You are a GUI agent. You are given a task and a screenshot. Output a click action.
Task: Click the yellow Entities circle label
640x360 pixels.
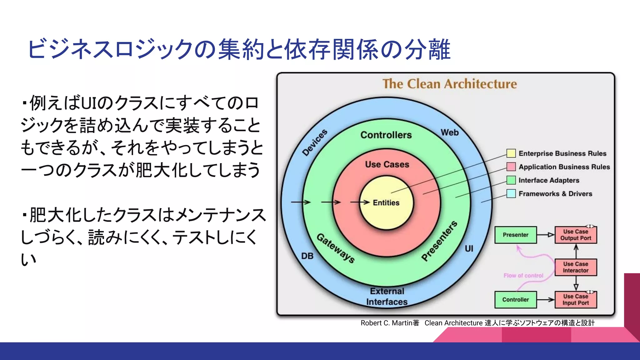386,202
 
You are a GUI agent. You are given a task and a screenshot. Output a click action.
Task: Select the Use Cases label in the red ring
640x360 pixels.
387,164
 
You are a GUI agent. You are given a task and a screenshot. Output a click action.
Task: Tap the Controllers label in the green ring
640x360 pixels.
386,135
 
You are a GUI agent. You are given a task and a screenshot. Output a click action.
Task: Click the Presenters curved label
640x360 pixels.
439,241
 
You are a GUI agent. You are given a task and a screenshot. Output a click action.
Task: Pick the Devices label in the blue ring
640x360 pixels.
315,142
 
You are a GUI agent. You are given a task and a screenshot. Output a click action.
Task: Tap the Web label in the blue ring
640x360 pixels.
449,132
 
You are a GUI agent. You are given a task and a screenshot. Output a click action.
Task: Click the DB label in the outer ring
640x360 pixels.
307,256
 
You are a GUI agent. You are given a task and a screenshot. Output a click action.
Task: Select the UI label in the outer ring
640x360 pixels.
469,248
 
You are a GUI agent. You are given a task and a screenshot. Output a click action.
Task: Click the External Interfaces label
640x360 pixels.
387,296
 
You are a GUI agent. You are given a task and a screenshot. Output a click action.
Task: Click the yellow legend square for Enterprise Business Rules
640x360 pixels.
511,153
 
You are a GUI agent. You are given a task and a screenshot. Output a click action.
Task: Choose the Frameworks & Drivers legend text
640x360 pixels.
555,194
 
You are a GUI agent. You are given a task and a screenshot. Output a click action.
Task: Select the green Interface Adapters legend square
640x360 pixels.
511,180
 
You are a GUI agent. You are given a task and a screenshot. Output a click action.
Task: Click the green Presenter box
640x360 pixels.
515,235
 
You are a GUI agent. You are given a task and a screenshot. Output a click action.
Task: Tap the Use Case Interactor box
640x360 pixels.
576,267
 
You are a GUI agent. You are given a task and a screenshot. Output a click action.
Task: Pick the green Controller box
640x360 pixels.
515,299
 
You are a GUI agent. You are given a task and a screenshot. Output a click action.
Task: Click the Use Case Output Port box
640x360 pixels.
576,235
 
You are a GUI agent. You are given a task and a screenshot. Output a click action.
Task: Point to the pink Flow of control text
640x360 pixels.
523,275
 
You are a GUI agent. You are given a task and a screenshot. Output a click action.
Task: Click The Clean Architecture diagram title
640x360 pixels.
449,84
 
